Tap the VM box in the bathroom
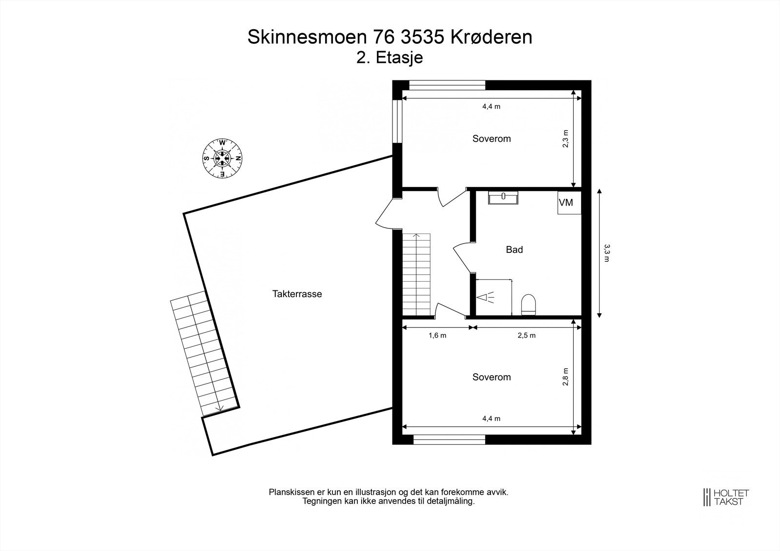(569, 203)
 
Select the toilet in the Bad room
(528, 304)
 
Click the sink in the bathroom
(503, 197)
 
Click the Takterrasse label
(297, 294)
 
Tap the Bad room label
(514, 249)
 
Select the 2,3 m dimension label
(565, 139)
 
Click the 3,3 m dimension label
(606, 253)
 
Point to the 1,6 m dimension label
(437, 335)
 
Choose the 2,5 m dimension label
(526, 335)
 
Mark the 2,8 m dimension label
(565, 377)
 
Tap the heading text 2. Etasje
(390, 57)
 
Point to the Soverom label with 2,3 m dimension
(491, 138)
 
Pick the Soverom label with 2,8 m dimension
(491, 377)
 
